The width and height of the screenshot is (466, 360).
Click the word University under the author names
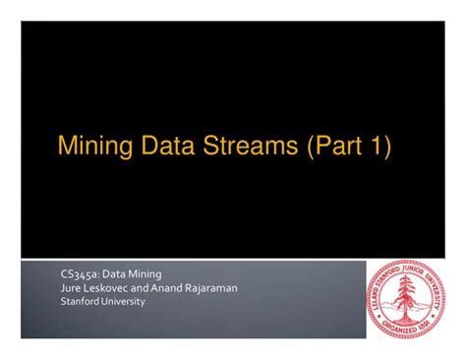point(123,302)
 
